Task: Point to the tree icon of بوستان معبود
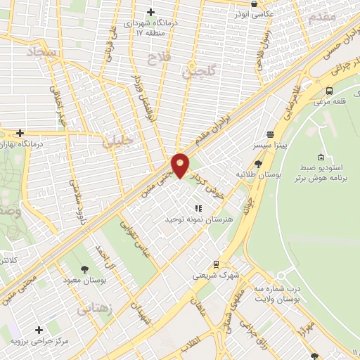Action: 85,269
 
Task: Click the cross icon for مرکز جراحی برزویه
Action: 38,329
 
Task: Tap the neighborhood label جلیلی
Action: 117,140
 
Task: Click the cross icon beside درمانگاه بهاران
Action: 20,133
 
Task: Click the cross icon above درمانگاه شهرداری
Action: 150,12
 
